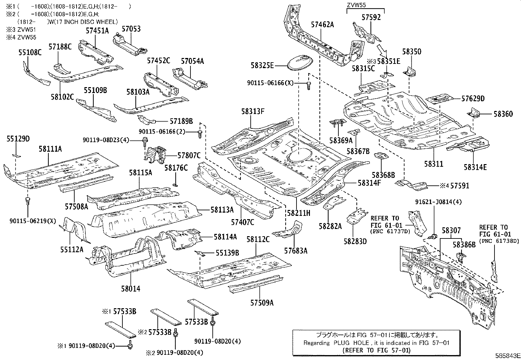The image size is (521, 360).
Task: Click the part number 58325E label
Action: [x=262, y=66]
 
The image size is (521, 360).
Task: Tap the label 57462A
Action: [x=322, y=24]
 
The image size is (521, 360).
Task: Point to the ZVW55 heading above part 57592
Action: [x=356, y=5]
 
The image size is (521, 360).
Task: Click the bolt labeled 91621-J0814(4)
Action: [x=433, y=236]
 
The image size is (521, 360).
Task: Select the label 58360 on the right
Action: [x=503, y=114]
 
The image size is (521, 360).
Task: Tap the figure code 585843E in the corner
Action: [x=507, y=355]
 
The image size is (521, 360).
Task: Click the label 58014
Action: [x=130, y=289]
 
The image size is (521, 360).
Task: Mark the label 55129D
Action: [x=18, y=139]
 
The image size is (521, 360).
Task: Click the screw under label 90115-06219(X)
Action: [x=27, y=200]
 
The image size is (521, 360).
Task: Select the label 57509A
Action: [x=262, y=303]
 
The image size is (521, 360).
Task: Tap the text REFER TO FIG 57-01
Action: [x=376, y=350]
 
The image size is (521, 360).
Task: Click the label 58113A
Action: [x=222, y=210]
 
